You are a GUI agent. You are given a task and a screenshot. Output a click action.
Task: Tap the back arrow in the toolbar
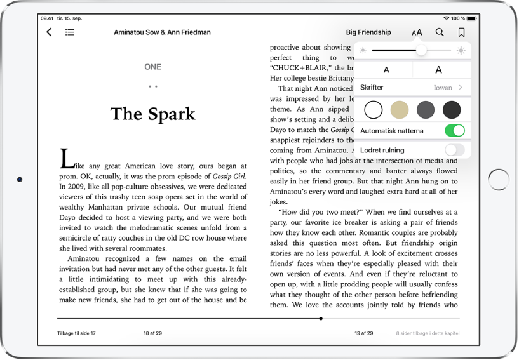[x=49, y=32]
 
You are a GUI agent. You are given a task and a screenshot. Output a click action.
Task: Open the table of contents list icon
[x=70, y=32]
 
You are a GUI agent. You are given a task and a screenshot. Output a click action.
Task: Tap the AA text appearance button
[x=417, y=32]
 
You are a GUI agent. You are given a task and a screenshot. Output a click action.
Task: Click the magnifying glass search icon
[x=440, y=32]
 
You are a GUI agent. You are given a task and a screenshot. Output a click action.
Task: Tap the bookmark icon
[x=461, y=32]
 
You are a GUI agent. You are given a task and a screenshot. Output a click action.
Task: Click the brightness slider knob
[x=421, y=50]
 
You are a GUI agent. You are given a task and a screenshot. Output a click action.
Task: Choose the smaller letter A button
[x=387, y=70]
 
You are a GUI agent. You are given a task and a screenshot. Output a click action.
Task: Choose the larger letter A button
[x=438, y=70]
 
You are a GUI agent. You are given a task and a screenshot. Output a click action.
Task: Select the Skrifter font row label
[x=372, y=88]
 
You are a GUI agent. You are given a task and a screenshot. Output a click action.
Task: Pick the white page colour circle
[x=374, y=110]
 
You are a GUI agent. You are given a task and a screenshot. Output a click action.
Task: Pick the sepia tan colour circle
[x=400, y=110]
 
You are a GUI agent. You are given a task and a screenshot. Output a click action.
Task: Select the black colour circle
[x=452, y=110]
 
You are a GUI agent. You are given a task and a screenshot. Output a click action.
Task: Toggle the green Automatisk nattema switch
[x=454, y=131]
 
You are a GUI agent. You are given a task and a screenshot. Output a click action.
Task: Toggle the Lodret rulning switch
[x=454, y=150]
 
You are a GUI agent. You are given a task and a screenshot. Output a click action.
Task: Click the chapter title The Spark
[x=152, y=114]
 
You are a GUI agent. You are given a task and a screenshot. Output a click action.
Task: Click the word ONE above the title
[x=152, y=67]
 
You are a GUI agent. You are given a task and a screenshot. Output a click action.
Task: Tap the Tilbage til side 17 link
[x=76, y=333]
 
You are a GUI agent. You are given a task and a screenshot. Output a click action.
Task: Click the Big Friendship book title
[x=368, y=32]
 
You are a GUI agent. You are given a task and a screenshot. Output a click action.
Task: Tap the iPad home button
[x=498, y=180]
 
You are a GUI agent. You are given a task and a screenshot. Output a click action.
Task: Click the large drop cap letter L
[x=64, y=158]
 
